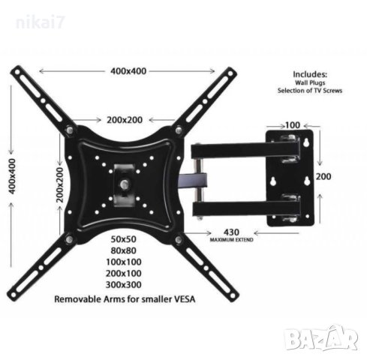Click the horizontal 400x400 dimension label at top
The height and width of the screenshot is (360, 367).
tap(128, 71)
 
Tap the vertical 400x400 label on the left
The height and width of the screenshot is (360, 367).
tap(12, 176)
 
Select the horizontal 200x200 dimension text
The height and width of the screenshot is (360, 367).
tap(125, 120)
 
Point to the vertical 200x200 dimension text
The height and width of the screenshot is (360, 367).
tap(60, 184)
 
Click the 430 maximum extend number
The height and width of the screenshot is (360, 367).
tap(231, 232)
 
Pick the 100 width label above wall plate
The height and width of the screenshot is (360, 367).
tap(293, 125)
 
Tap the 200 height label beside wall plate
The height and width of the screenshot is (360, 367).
tap(323, 176)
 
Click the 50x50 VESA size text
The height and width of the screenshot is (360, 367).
tap(124, 239)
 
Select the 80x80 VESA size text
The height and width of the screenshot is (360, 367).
tap(124, 250)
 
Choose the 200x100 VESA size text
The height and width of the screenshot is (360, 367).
tap(124, 273)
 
